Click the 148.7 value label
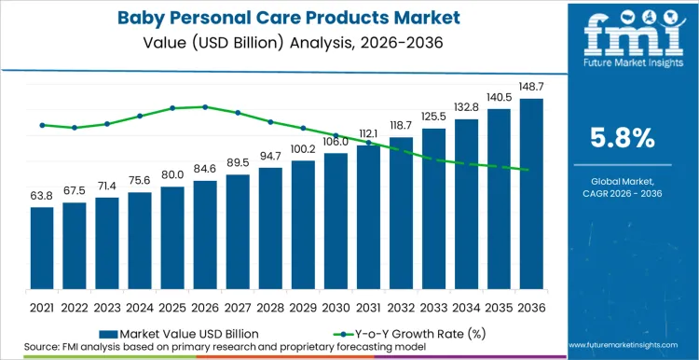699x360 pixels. (531, 88)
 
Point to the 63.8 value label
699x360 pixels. (42, 196)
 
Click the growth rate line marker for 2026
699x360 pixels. (205, 107)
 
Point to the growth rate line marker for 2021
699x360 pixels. (42, 125)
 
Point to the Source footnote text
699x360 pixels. (186, 346)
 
